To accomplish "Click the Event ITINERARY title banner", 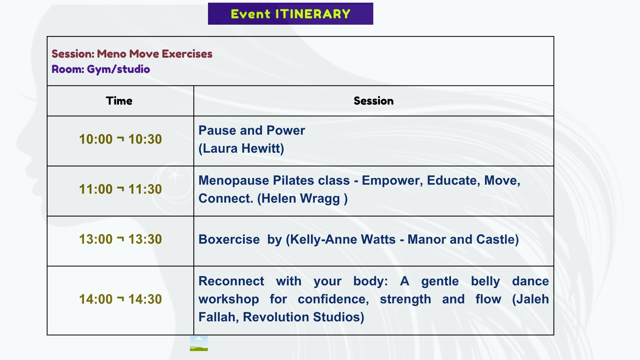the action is pos(290,14).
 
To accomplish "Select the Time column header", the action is pos(119,101).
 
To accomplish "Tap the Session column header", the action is pos(374,101).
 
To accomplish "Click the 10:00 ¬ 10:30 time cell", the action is pos(120,139).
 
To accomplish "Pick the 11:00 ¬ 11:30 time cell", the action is pos(120,189).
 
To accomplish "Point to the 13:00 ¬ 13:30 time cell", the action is pos(120,239).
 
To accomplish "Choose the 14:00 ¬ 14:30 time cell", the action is pos(120,299).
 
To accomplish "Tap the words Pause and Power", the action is pos(252,130).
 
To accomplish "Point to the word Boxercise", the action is pos(229,239).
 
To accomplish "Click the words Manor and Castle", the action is pos(461,239).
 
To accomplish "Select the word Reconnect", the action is pos(231,281).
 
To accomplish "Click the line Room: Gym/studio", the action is pos(101,69).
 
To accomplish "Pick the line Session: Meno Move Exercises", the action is pos(132,54).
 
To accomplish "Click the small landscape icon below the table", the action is pos(199,343).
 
